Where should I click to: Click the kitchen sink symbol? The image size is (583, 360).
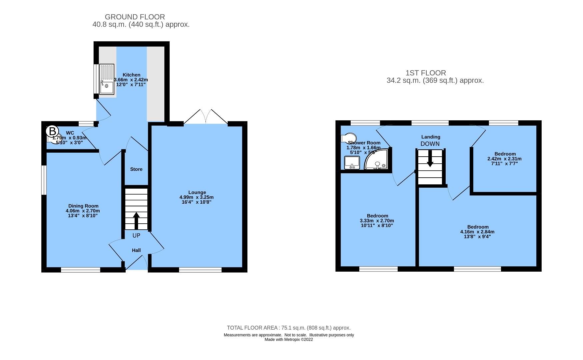[x=107, y=79]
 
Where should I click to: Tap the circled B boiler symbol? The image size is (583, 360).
[x=52, y=131]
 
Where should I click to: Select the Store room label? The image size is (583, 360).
[x=136, y=169]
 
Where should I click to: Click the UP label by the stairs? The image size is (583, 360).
[x=136, y=236]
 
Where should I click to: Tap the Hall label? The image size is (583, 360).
[x=136, y=250]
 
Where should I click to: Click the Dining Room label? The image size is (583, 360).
[x=83, y=206]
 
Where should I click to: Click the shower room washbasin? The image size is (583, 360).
[x=352, y=163]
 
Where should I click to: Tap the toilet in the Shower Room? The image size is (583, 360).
[x=349, y=138]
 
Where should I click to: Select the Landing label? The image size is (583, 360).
[x=431, y=137]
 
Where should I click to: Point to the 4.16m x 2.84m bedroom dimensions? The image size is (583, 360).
[x=477, y=232]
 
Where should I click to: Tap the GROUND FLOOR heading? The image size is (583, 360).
[x=135, y=17]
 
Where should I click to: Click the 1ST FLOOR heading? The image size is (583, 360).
[x=426, y=73]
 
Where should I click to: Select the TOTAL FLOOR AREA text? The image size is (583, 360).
[x=289, y=328]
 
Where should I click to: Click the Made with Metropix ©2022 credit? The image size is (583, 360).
[x=289, y=340]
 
